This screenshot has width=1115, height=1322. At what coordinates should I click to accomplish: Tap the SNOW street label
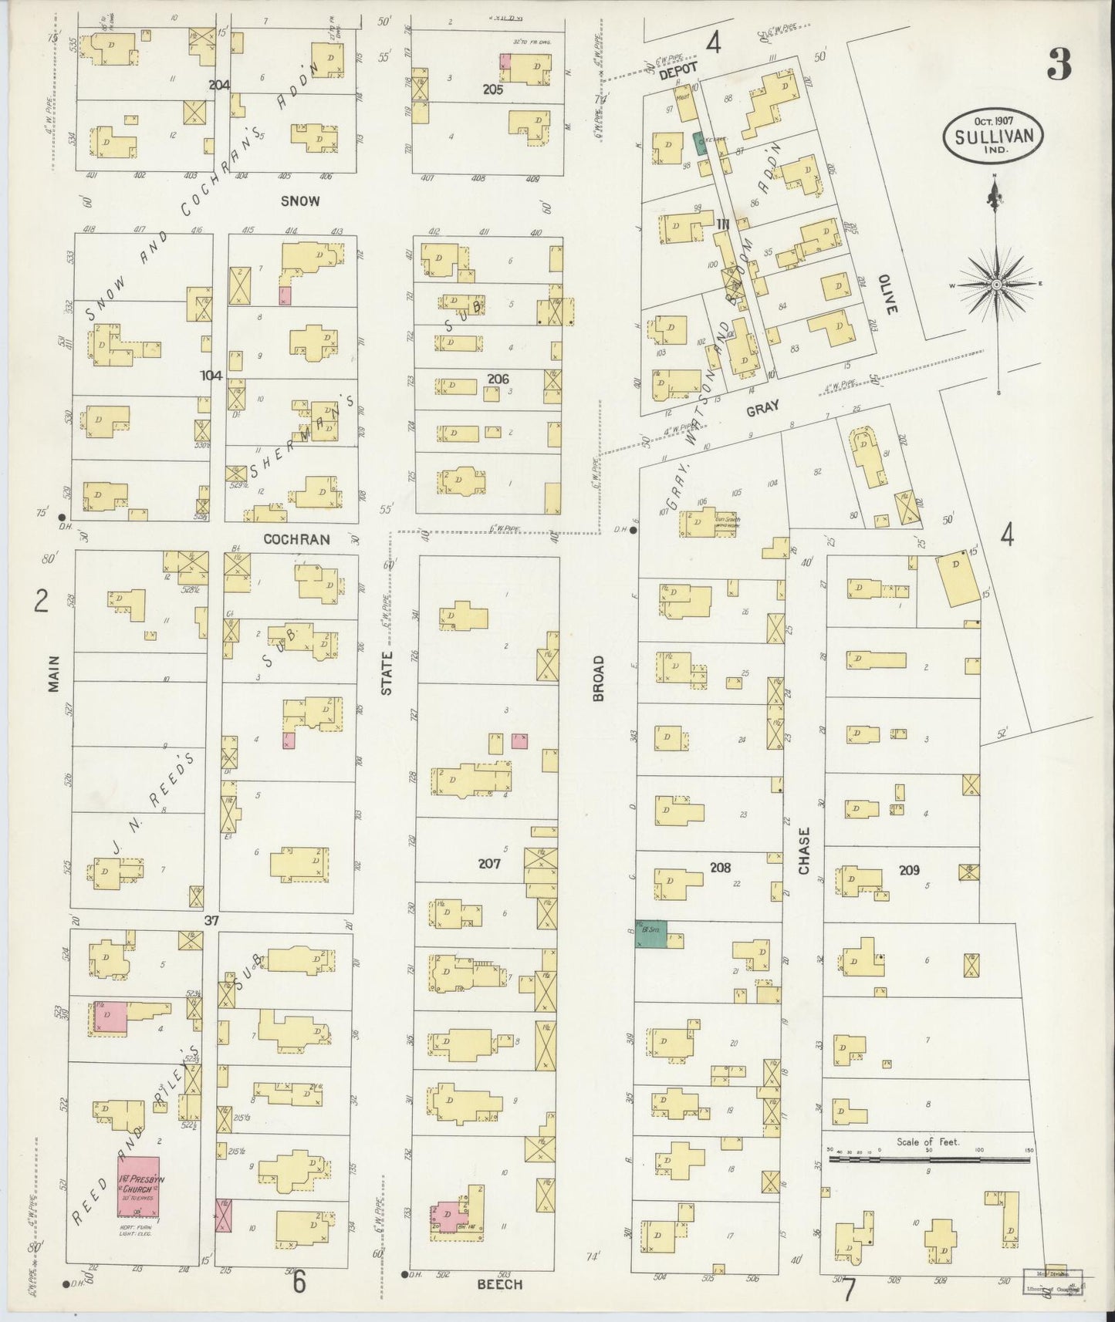(x=300, y=201)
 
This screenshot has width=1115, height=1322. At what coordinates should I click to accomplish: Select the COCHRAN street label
(x=297, y=540)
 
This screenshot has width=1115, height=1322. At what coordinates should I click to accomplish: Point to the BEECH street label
(x=500, y=1284)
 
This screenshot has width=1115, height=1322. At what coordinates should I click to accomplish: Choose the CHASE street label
(x=805, y=852)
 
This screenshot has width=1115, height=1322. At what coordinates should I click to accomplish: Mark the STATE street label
(x=387, y=673)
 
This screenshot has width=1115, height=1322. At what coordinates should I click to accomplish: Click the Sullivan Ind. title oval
(x=992, y=134)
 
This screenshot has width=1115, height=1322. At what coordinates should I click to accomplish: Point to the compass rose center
(x=996, y=285)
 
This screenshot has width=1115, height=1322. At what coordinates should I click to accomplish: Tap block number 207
(x=489, y=863)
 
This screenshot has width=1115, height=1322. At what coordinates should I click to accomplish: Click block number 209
(x=909, y=870)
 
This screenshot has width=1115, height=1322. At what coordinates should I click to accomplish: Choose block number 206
(x=498, y=379)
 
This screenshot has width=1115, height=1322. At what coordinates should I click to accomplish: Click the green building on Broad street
(x=650, y=934)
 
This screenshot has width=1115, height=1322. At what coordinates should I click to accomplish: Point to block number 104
(x=211, y=376)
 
